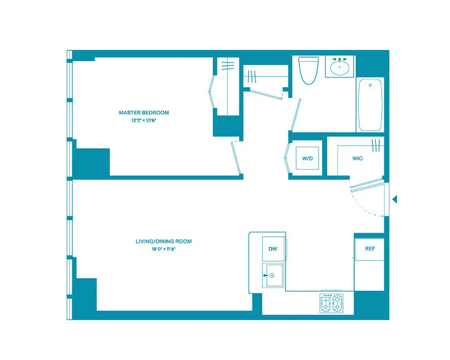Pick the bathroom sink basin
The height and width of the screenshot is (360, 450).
(339, 68)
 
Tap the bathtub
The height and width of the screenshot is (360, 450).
(370, 104)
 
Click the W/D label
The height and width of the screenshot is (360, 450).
(307, 159)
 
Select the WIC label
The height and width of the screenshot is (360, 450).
(358, 159)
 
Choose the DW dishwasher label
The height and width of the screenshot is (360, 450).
(273, 249)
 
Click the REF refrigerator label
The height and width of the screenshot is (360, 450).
(369, 249)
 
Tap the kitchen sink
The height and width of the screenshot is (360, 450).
(273, 275)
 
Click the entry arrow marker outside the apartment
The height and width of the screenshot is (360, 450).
(395, 199)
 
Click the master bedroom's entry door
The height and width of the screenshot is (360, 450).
(237, 157)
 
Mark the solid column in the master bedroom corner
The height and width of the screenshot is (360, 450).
(92, 162)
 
